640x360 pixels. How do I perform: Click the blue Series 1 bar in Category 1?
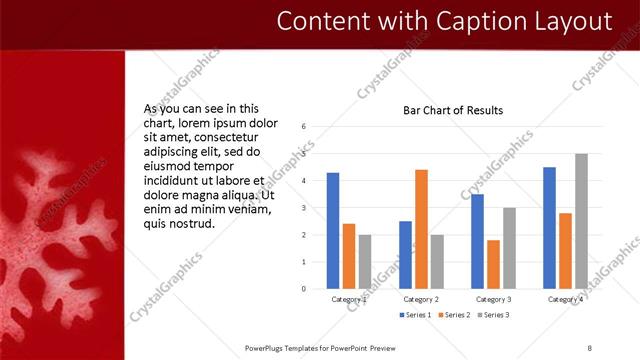[x=333, y=231]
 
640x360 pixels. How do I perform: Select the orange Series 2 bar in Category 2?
[x=421, y=229]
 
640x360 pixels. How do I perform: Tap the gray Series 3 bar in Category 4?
[x=581, y=221]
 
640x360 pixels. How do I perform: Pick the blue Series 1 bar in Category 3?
[x=477, y=241]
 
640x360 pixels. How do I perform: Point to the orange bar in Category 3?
[x=493, y=264]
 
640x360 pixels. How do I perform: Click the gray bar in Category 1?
[x=365, y=262]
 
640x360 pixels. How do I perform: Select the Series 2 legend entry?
[x=453, y=315]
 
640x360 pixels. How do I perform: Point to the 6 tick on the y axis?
[x=304, y=127]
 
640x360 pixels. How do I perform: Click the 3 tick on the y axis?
[x=304, y=208]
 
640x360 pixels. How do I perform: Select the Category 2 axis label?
[x=421, y=299]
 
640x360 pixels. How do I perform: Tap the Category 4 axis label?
[x=565, y=299]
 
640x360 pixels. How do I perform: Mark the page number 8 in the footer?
[x=589, y=347]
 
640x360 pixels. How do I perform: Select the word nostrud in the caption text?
[x=192, y=224]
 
